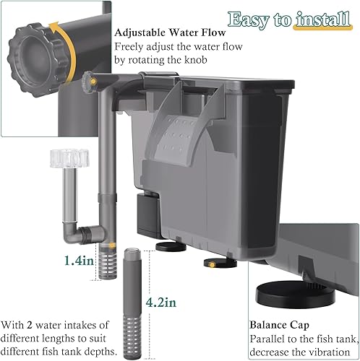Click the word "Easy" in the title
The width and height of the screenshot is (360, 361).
(251, 18)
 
